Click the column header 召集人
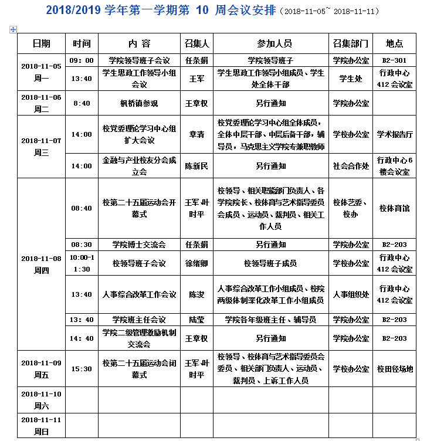(x=197, y=44)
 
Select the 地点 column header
(x=395, y=44)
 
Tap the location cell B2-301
(x=395, y=60)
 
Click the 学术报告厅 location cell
(x=395, y=134)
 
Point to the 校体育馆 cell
(x=395, y=208)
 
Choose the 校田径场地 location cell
(x=395, y=369)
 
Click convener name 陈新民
(x=197, y=166)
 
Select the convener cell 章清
(x=197, y=134)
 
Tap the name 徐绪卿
(x=197, y=263)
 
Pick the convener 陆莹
(x=197, y=320)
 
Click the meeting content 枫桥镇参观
(x=139, y=103)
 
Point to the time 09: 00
(x=82, y=60)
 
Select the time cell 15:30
(x=82, y=369)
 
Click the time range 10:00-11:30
(x=82, y=263)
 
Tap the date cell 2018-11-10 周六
(x=41, y=399)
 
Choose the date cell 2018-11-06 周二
(x=41, y=103)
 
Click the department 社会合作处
(x=351, y=166)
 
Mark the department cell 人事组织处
(x=351, y=294)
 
